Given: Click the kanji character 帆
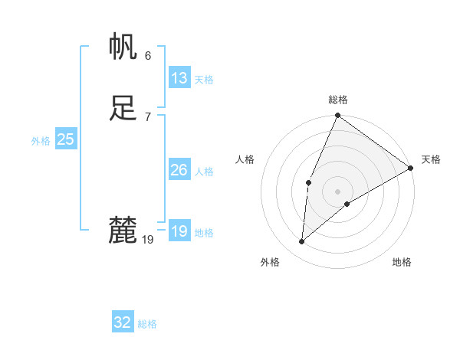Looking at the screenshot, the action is pyautogui.click(x=123, y=47).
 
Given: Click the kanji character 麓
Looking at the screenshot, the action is pyautogui.click(x=123, y=230).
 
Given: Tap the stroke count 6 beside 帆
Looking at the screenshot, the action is pyautogui.click(x=147, y=56).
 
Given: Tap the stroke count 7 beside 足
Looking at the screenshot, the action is pyautogui.click(x=147, y=116).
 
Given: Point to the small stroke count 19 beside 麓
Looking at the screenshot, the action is pyautogui.click(x=148, y=240).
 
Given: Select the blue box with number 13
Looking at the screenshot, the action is pyautogui.click(x=179, y=78).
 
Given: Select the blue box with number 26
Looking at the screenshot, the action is pyautogui.click(x=179, y=170).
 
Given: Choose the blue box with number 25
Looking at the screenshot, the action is pyautogui.click(x=65, y=139).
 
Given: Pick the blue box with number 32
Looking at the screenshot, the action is pyautogui.click(x=123, y=322).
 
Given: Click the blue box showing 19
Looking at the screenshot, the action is pyautogui.click(x=179, y=231).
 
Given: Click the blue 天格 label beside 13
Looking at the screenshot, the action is pyautogui.click(x=204, y=80).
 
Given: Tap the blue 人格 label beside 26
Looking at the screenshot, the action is pyautogui.click(x=204, y=172).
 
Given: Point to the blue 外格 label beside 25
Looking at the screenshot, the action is pyautogui.click(x=41, y=141).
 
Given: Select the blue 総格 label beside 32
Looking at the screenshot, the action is pyautogui.click(x=147, y=324).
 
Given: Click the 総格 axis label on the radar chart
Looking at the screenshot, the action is pyautogui.click(x=338, y=100).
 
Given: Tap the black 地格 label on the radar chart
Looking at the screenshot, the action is pyautogui.click(x=402, y=262).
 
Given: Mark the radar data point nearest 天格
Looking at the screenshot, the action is pyautogui.click(x=411, y=169).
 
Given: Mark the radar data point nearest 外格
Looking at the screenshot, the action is pyautogui.click(x=301, y=242).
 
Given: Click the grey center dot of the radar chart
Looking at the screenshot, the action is pyautogui.click(x=337, y=191).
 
